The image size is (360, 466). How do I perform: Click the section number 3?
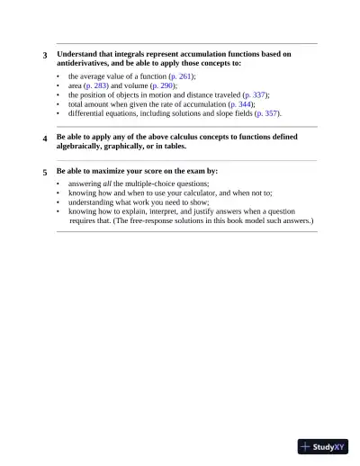45,56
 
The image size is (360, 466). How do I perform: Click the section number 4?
45,139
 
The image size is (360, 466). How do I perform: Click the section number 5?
45,172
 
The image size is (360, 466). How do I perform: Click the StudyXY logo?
323,445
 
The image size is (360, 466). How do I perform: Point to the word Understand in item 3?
77,54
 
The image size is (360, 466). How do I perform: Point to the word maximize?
126,170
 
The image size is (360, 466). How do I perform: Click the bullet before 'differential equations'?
58,113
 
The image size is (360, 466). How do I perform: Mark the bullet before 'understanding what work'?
58,202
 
